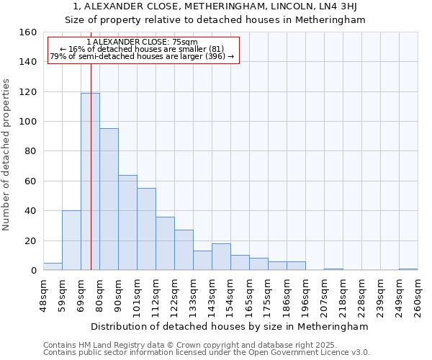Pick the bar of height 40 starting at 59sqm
coord(71,240)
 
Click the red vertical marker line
coord(91,144)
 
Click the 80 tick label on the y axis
coord(30,151)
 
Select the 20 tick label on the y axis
coord(30,240)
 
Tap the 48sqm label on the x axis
coord(43,296)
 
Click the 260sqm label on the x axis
coord(418,296)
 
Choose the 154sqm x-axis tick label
coord(230,296)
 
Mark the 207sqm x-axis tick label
coord(324,296)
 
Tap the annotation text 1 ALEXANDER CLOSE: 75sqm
coord(142,42)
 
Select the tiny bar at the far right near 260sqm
coord(408,269)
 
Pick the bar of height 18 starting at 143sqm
coord(221,257)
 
